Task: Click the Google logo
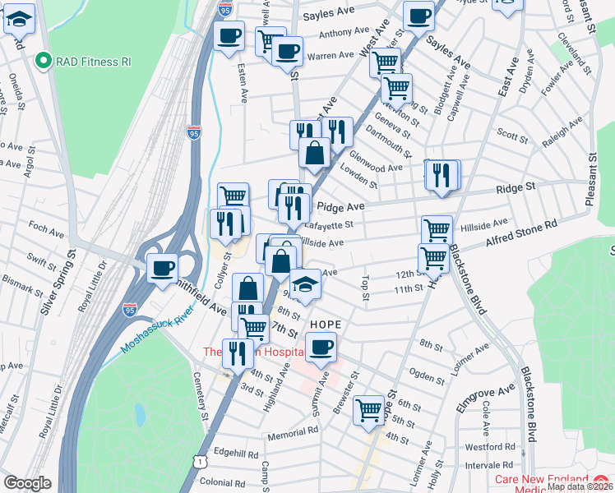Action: click(27, 483)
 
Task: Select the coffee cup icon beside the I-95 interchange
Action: click(162, 267)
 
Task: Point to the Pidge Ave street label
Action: click(340, 207)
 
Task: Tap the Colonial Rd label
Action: click(222, 482)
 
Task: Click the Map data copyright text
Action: click(580, 486)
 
